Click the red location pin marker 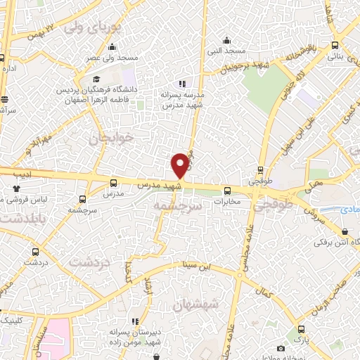pos(180,166)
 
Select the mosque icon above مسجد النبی pos(226,40)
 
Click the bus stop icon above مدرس pos(114,183)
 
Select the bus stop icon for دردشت pos(35,252)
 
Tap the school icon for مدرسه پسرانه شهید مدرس pos(184,84)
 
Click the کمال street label pos(266,290)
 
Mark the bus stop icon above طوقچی pos(261,169)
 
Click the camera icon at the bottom pos(281,349)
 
